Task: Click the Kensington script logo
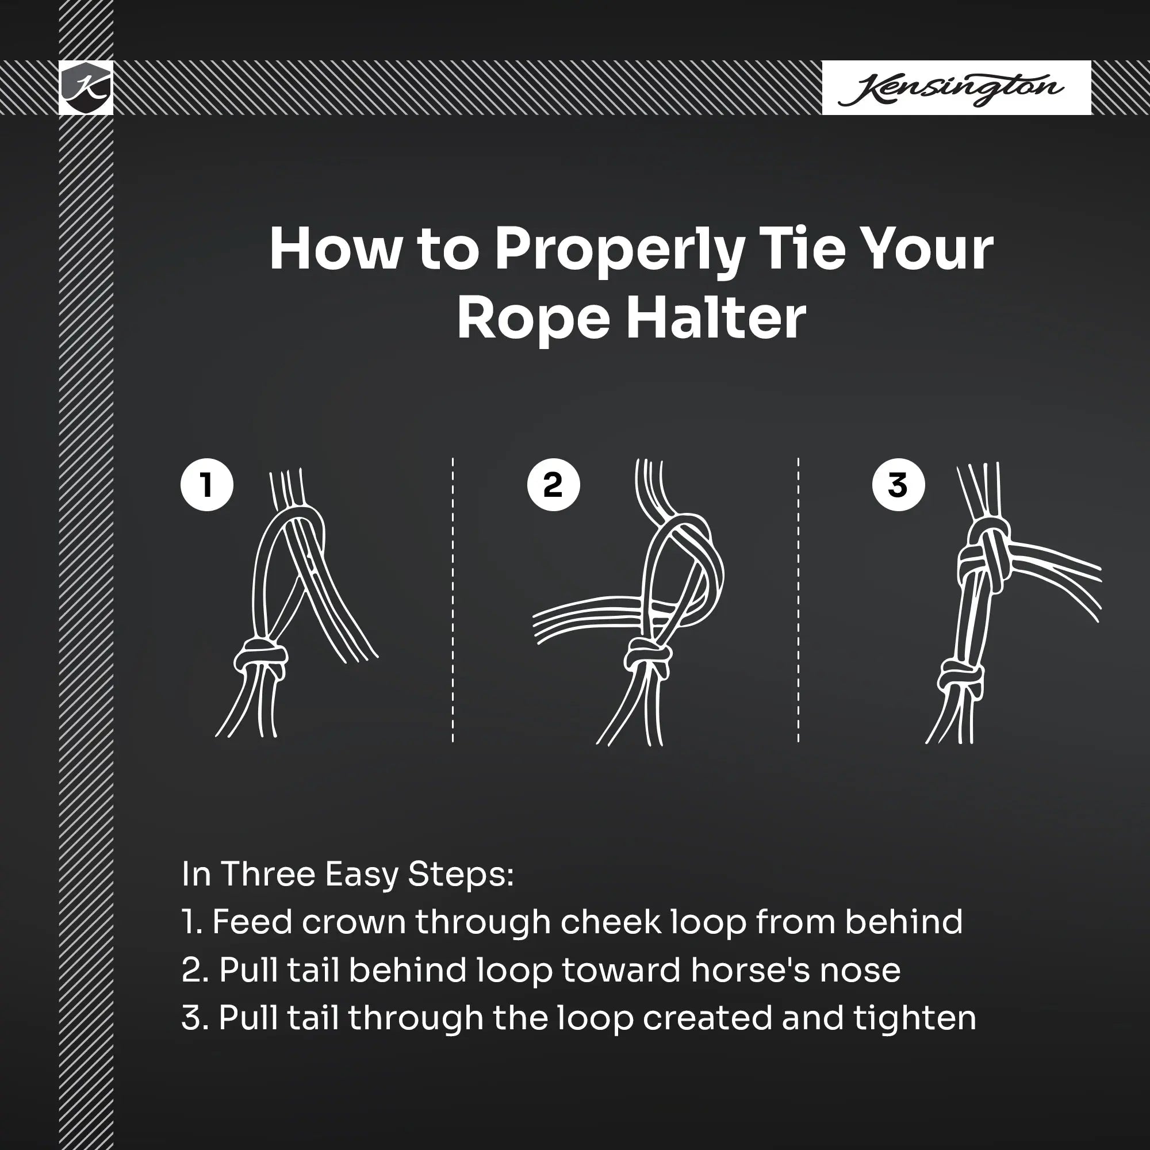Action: click(x=950, y=89)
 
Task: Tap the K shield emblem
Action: click(x=86, y=87)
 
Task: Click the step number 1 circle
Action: click(x=206, y=485)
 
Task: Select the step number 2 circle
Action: click(x=553, y=485)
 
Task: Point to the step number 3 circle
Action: click(x=898, y=485)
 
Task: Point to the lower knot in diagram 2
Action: click(x=647, y=657)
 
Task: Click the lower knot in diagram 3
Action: click(x=960, y=678)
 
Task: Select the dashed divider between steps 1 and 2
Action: click(x=453, y=600)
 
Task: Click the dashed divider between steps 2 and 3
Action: click(x=798, y=600)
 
